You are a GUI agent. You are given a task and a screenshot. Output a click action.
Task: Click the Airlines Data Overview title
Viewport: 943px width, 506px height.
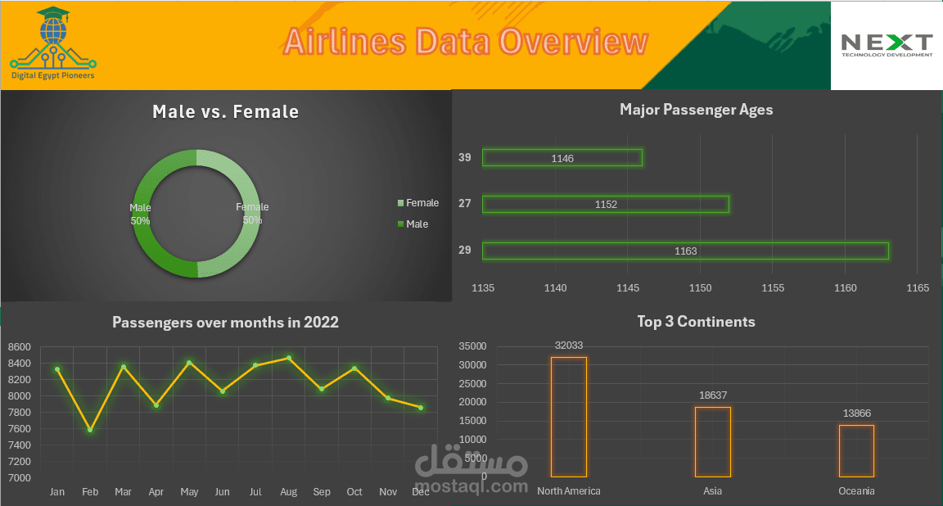[466, 42]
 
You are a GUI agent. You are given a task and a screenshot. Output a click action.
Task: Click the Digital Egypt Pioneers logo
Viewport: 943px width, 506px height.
[53, 45]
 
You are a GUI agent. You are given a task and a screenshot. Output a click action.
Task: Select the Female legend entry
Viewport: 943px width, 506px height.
[418, 203]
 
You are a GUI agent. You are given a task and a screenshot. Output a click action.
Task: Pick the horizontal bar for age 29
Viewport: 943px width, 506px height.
[685, 251]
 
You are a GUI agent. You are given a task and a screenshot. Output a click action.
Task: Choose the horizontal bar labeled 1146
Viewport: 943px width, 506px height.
[562, 158]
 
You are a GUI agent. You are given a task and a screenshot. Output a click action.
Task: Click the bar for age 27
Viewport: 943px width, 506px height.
[605, 204]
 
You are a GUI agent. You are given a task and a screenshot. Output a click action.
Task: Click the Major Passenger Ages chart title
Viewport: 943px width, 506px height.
[696, 110]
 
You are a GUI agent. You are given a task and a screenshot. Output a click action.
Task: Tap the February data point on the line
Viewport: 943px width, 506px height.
[90, 430]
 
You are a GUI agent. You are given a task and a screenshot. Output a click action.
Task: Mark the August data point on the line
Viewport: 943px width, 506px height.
[288, 358]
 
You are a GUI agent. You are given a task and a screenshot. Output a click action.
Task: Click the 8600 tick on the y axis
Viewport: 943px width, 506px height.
[19, 347]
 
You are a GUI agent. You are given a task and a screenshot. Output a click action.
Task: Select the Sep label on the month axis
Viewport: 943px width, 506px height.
[322, 492]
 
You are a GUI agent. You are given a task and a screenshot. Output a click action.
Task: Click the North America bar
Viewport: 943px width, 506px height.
[568, 417]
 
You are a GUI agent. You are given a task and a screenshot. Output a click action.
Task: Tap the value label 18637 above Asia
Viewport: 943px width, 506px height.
[712, 395]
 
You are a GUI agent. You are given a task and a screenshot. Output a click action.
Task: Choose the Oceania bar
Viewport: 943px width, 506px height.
[856, 450]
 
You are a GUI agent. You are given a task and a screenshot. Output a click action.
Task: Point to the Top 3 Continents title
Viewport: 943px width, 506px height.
[696, 322]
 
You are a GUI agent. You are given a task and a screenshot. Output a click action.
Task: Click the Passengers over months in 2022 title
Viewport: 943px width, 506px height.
[225, 323]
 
